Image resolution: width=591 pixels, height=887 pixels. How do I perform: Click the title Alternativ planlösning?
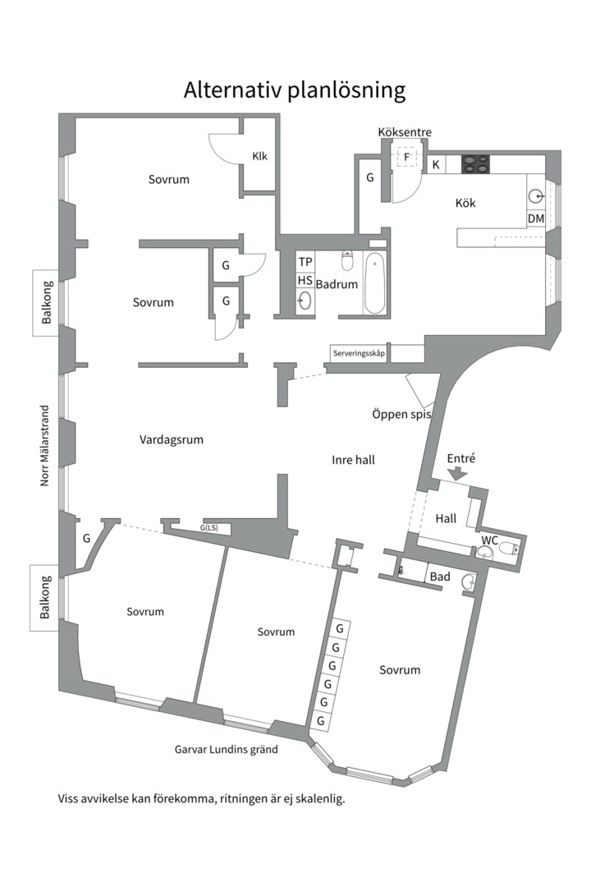[295, 90]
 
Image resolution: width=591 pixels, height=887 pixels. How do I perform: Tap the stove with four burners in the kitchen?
[475, 164]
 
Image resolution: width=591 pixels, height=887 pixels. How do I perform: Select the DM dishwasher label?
[535, 218]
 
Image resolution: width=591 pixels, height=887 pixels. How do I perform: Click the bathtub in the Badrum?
[374, 283]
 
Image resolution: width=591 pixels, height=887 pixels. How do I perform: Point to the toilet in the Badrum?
[347, 261]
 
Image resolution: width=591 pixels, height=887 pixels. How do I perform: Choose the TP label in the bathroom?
[305, 262]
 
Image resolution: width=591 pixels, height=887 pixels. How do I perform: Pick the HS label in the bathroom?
[305, 281]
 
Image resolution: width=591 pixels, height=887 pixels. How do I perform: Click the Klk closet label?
[259, 156]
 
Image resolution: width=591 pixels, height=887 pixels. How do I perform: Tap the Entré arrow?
[457, 474]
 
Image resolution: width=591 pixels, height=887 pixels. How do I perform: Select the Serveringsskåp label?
[359, 353]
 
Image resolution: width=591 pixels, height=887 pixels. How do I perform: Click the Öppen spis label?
[401, 414]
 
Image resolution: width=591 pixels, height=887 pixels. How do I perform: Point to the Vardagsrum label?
[172, 439]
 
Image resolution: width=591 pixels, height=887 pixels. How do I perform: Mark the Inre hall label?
[354, 460]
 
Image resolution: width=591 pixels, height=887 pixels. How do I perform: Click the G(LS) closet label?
[208, 528]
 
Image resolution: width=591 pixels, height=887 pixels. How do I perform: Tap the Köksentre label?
[405, 132]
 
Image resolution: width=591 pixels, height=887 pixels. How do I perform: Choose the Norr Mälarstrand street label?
[44, 445]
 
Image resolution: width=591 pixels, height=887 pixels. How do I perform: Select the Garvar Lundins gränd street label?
[227, 750]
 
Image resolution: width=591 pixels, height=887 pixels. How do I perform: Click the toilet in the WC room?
[508, 548]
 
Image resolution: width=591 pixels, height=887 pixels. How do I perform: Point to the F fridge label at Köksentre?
[406, 157]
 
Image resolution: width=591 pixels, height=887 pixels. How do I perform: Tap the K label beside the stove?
[436, 164]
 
